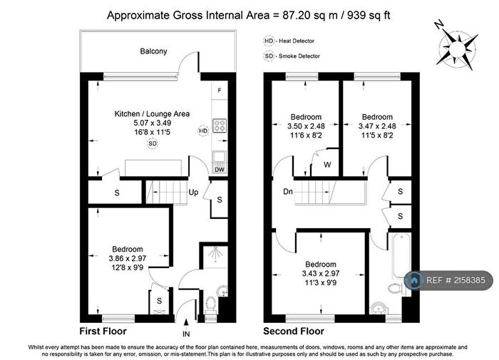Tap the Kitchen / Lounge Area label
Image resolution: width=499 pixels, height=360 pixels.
point(152,113)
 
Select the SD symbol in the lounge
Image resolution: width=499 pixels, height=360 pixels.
point(153,143)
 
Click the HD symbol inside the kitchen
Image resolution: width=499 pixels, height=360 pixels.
point(203,130)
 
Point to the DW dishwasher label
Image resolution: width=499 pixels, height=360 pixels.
point(220,169)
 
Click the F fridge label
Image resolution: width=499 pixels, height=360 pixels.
point(220,91)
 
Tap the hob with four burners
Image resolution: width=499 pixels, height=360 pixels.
point(220,127)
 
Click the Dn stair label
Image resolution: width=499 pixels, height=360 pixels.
point(287,191)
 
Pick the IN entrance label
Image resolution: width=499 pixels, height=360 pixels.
point(187,332)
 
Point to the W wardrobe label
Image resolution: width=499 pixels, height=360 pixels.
point(327,165)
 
